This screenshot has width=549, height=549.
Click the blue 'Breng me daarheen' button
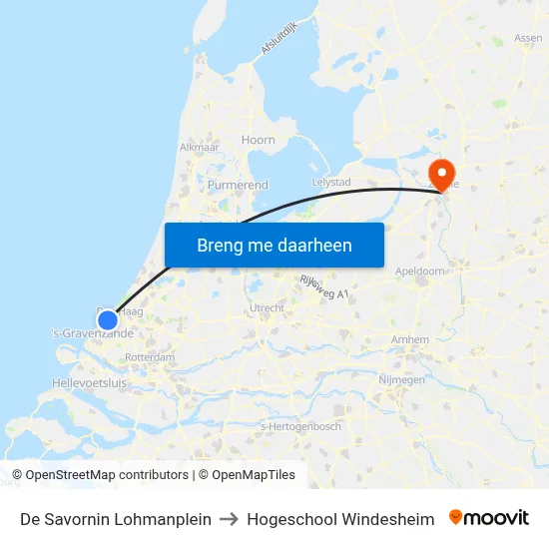point(274,245)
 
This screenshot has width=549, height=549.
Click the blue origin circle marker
point(108,319)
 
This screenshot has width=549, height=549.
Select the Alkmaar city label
point(199,147)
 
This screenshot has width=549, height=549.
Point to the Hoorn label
point(258,140)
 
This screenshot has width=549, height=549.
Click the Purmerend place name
point(238,185)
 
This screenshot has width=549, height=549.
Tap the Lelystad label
point(331,183)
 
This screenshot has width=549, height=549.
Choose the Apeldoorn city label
point(420,271)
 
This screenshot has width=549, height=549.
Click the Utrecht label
point(267,307)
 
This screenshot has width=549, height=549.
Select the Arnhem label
point(410,339)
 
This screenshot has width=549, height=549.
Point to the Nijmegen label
point(401,379)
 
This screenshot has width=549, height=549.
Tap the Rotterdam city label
point(152,357)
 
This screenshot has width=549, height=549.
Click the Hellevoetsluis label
point(89,382)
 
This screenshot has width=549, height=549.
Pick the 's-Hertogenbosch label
point(300,426)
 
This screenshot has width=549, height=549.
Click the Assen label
point(528,38)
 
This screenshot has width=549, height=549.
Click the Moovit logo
point(489,518)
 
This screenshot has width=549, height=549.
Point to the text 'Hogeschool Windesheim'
point(340,519)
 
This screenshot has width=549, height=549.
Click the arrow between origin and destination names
point(230,519)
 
